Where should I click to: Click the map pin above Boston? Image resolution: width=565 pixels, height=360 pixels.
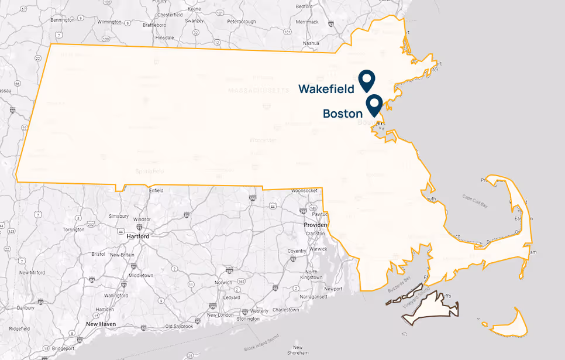click(374, 104)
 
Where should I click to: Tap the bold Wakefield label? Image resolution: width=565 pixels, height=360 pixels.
click(326, 89)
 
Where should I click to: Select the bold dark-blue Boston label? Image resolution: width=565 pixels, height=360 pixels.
click(343, 114)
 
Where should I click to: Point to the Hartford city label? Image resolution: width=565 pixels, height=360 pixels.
click(138, 236)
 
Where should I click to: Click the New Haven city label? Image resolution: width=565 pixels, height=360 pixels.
click(101, 324)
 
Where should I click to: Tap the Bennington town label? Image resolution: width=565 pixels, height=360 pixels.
click(63, 20)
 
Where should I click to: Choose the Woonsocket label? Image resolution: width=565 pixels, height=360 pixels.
click(304, 191)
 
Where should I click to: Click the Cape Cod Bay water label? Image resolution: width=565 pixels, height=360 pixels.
click(475, 201)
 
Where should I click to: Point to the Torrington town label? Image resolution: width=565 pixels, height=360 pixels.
click(74, 229)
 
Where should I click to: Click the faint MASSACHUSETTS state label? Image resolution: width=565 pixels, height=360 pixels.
click(259, 91)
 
